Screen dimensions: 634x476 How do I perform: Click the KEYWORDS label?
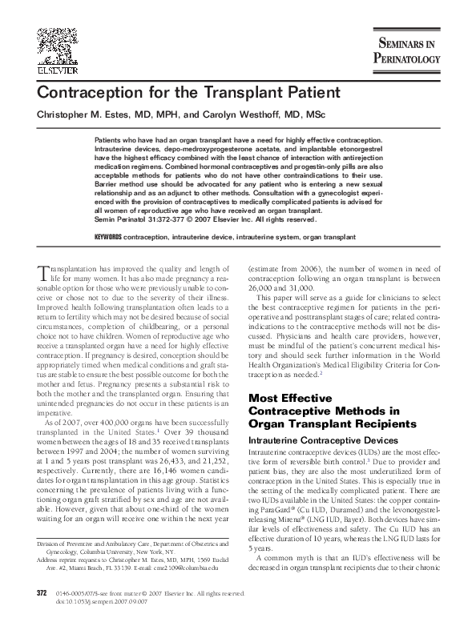(x=107, y=239)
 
